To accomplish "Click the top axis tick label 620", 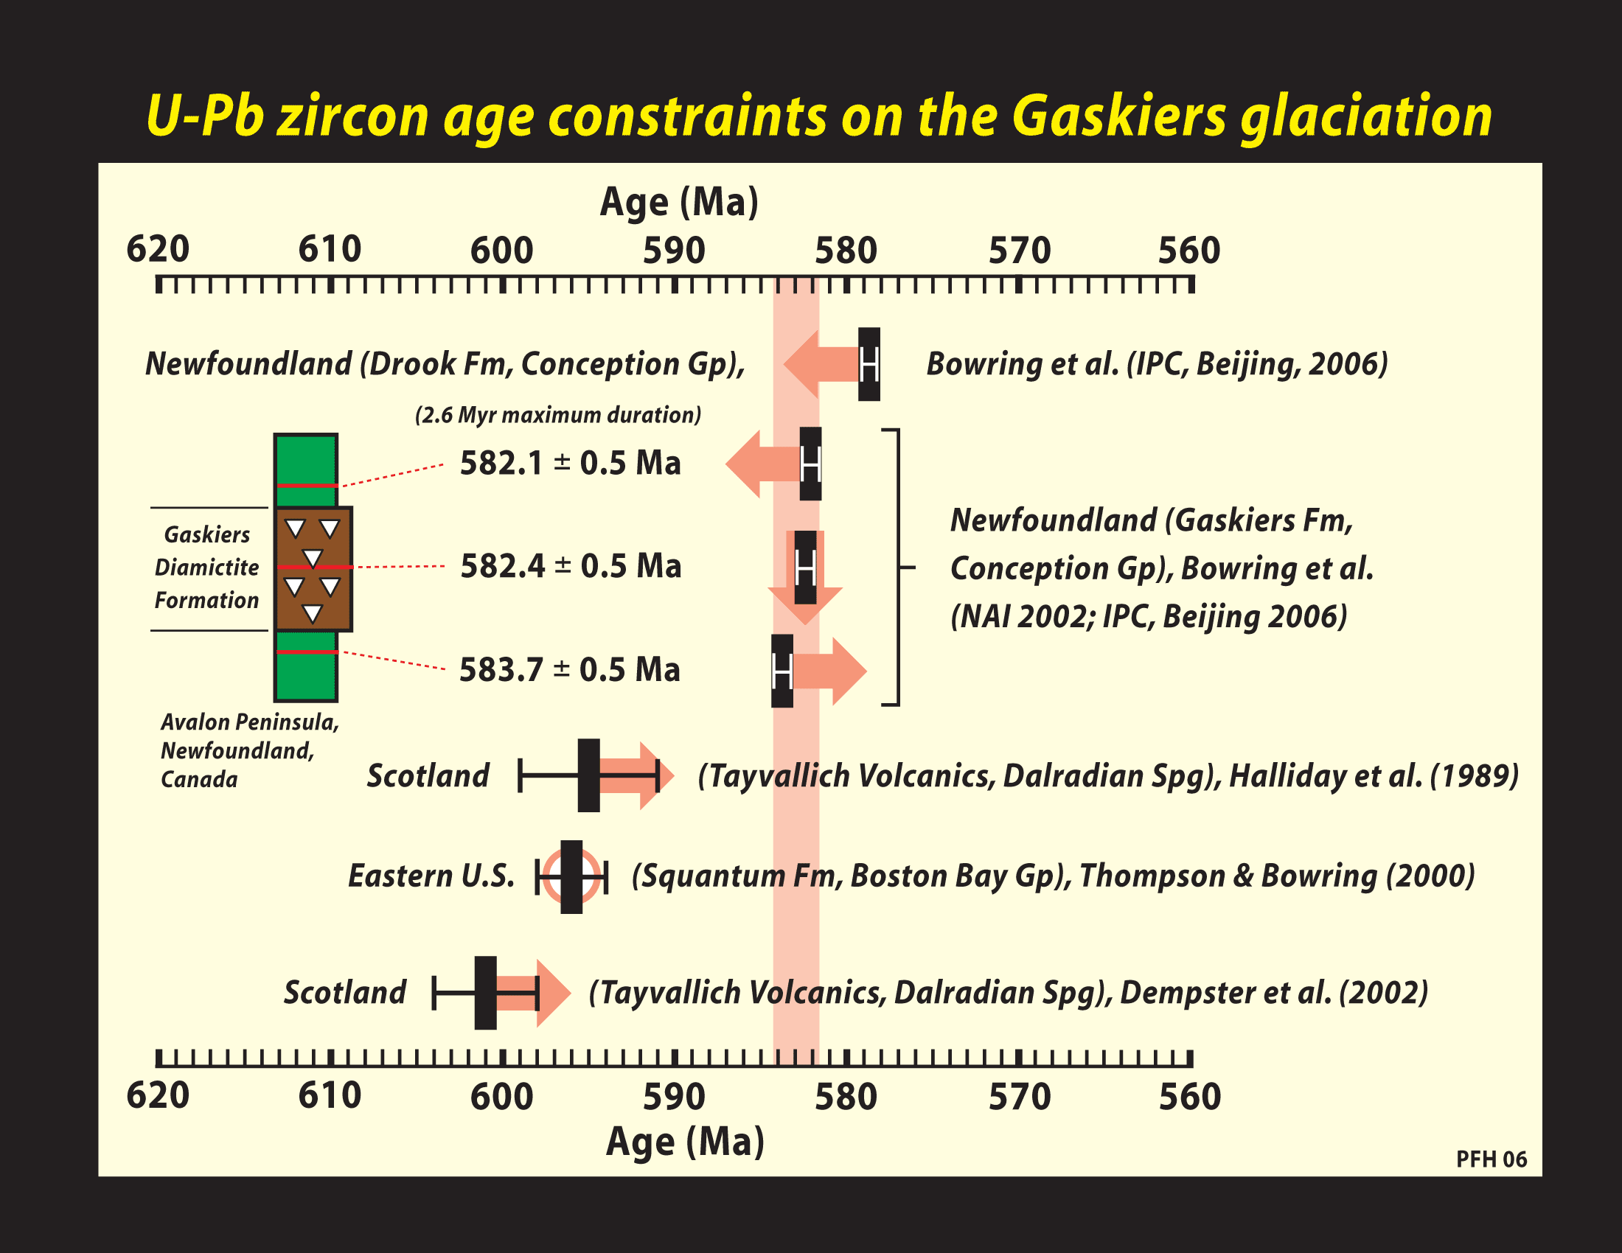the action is point(158,249).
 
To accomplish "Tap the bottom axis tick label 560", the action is point(1190,1097).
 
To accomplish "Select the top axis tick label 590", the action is point(674,251).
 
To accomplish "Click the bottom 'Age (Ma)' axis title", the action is point(685,1142).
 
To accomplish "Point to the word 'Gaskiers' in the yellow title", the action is point(1118,116).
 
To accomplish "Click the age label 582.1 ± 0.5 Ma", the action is point(571,463).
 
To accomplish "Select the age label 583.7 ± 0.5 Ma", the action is point(570,669).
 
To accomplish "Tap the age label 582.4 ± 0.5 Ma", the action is point(571,566).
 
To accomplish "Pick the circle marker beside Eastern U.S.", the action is point(571,876).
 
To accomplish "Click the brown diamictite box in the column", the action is point(313,569).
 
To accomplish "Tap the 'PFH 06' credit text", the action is point(1492,1159).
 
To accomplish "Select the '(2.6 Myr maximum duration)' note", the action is point(558,415).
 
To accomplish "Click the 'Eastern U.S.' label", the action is point(431,876).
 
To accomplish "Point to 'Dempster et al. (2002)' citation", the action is point(1274,994).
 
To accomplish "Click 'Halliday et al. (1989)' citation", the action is point(1374,776).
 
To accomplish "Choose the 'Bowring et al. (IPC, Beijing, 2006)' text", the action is point(1157,364).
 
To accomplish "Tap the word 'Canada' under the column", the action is point(199,779).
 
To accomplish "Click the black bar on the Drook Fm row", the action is point(869,364).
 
